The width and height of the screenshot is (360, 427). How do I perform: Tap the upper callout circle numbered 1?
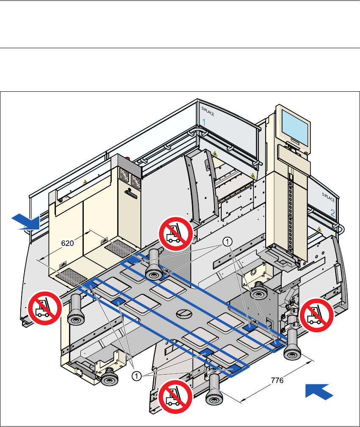tap(227, 241)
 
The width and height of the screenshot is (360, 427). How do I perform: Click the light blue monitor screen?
tap(295, 126)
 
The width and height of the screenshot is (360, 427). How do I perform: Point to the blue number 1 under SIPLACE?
tap(204, 122)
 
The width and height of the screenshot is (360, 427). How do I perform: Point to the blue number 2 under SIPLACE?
tap(333, 214)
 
